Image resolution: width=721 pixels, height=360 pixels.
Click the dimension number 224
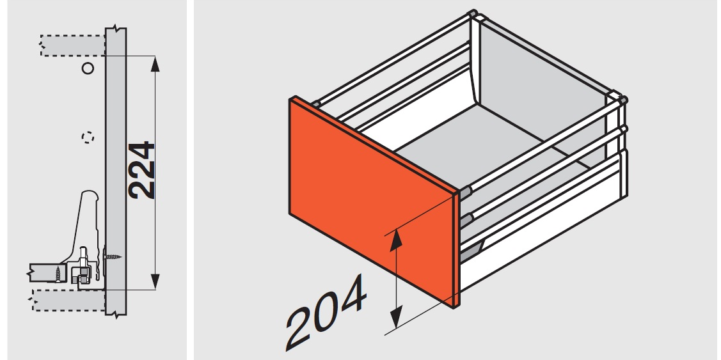[x=141, y=170]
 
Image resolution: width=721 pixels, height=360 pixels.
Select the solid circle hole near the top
[x=88, y=68]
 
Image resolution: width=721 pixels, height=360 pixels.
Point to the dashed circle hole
[x=88, y=137]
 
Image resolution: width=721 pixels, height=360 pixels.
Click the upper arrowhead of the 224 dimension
[x=155, y=64]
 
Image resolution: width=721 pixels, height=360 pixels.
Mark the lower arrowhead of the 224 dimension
[x=155, y=282]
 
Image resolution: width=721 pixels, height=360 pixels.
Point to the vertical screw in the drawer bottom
[x=58, y=273]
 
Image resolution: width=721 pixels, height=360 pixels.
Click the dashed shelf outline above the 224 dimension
[x=73, y=45]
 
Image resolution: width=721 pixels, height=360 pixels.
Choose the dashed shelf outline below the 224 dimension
[x=69, y=301]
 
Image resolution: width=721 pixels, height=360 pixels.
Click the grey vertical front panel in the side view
[x=115, y=171]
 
